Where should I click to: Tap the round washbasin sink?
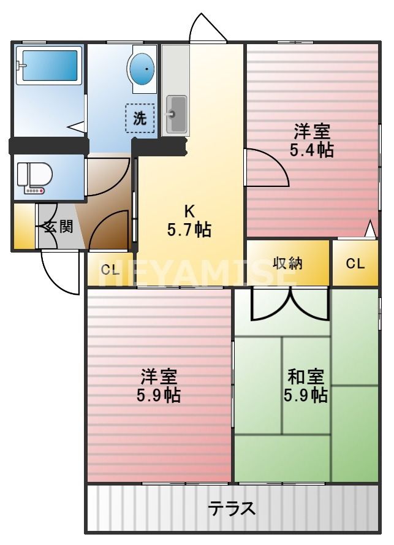[143, 69]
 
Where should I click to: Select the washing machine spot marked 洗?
[140, 118]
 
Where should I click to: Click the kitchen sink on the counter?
[176, 114]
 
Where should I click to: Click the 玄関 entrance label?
[59, 226]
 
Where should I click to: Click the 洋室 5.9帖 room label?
[159, 384]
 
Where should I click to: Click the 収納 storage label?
[288, 264]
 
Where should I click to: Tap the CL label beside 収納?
[355, 264]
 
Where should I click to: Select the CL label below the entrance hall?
[110, 269]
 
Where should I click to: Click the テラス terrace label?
[231, 509]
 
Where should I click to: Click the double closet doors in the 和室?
[291, 304]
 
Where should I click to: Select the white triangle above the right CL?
[369, 229]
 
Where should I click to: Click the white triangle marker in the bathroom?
[77, 127]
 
